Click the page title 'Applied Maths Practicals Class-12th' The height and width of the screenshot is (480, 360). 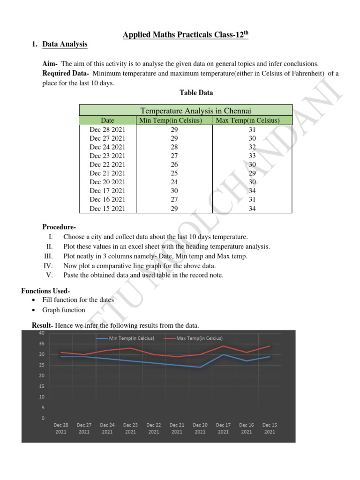tap(185, 35)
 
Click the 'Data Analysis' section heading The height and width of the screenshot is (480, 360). tap(65, 45)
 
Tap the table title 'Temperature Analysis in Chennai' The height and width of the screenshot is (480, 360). tap(196, 111)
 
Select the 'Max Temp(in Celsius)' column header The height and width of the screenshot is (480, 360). tap(252, 120)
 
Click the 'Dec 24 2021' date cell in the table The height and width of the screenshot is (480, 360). tap(107, 147)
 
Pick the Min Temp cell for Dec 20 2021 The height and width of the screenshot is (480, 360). tap(174, 182)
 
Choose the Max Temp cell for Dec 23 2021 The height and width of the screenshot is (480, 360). tap(252, 156)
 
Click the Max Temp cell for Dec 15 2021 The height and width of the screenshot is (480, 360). tap(252, 209)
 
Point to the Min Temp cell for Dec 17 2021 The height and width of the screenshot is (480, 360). tap(174, 191)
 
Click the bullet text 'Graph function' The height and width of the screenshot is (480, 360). tap(64, 310)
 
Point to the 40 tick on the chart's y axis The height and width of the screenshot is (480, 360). tap(42, 333)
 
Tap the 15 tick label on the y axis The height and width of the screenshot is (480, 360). tap(42, 386)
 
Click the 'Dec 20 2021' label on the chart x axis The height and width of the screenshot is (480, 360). tap(200, 428)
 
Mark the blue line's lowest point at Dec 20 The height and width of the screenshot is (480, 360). tap(200, 367)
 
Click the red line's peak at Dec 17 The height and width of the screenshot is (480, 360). tap(224, 346)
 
